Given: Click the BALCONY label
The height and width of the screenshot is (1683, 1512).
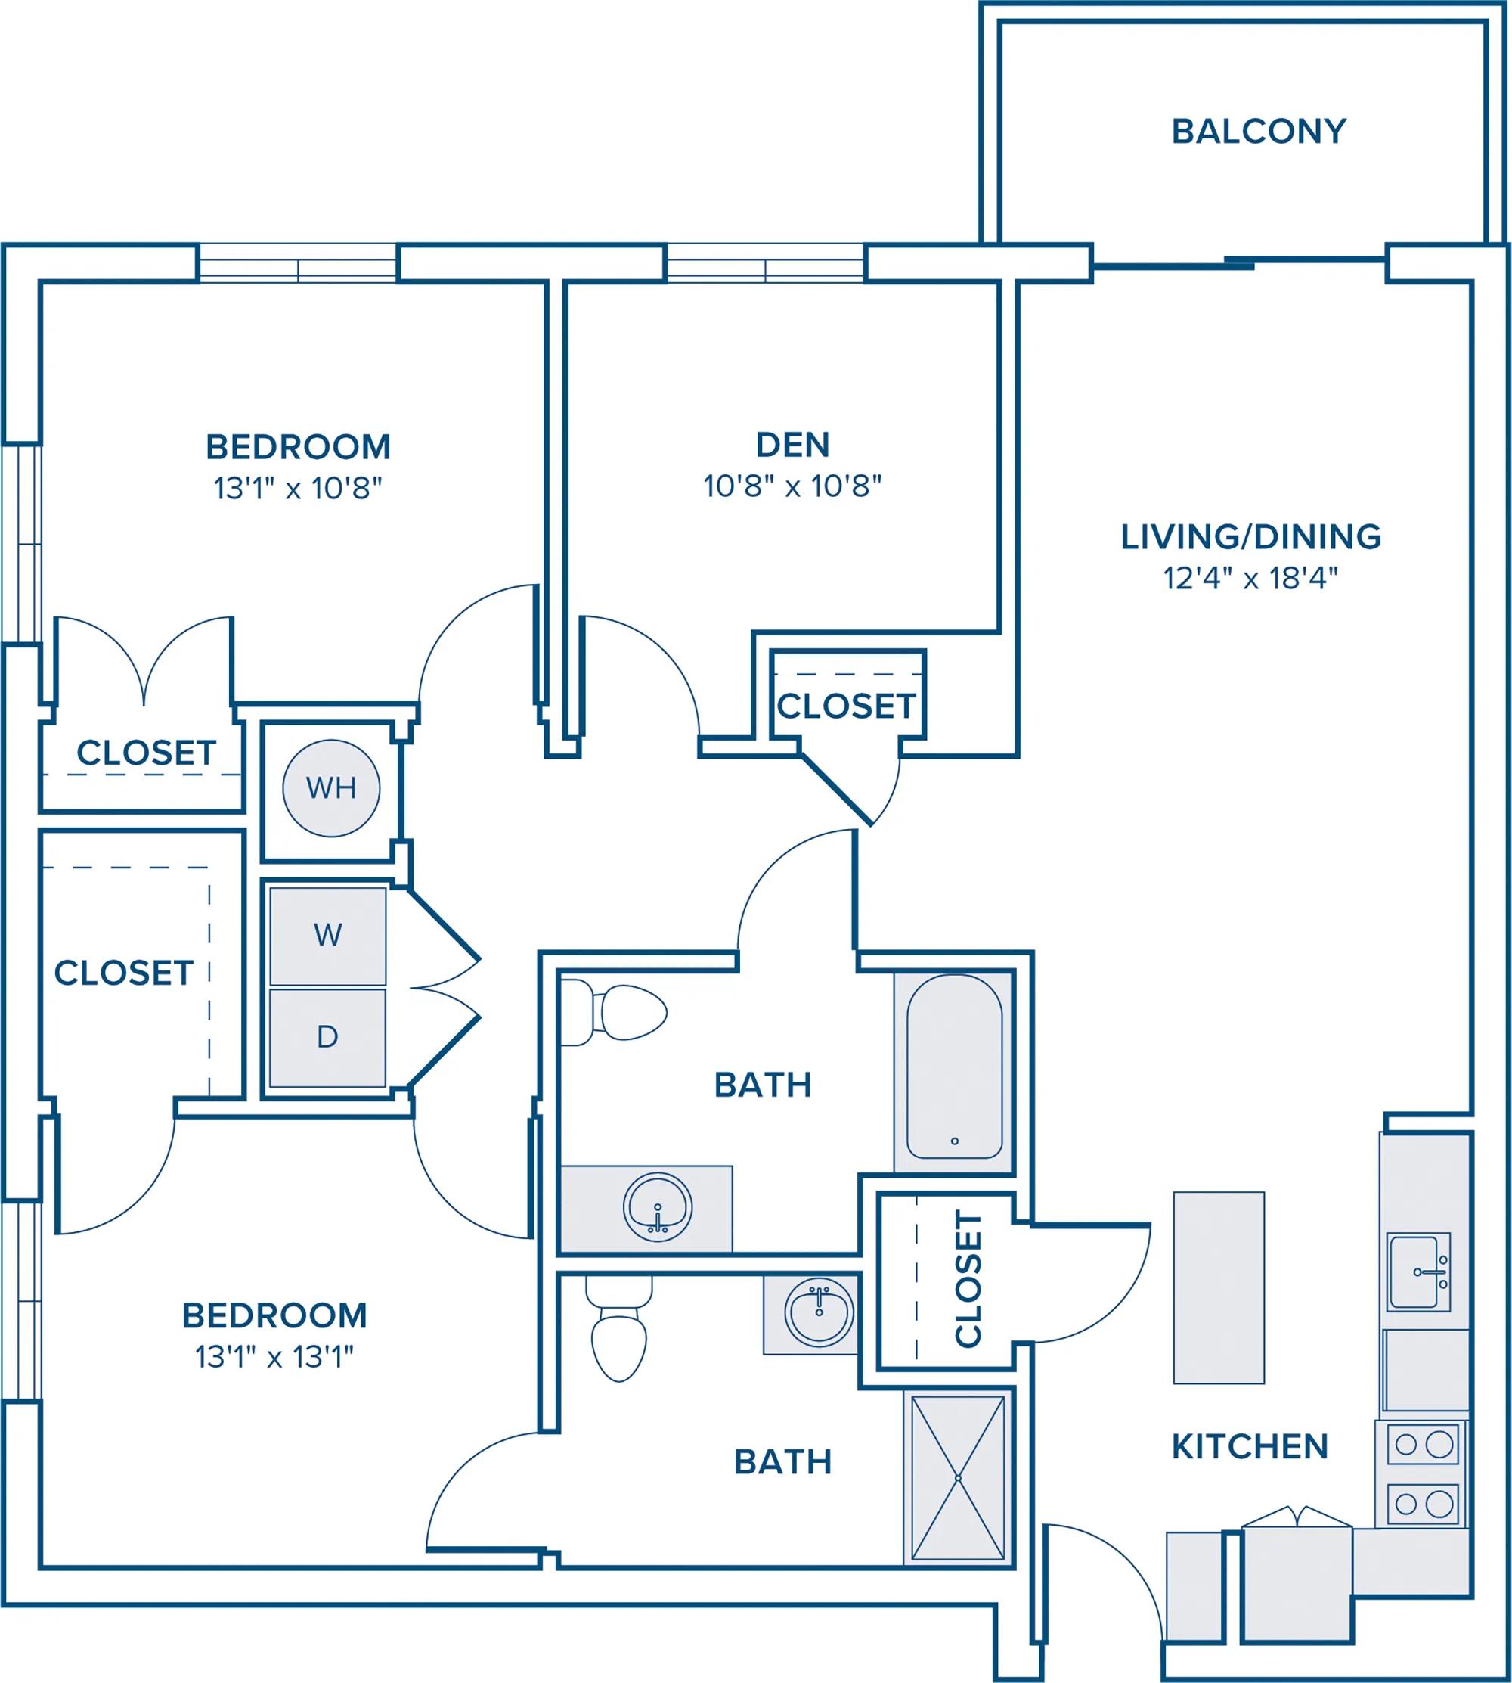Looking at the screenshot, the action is click(x=1259, y=132).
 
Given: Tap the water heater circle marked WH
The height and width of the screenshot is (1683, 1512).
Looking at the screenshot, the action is click(x=331, y=788).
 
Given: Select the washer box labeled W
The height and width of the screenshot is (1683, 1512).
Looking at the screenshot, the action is click(x=327, y=936).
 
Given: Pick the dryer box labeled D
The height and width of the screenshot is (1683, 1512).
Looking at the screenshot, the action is click(x=327, y=1037).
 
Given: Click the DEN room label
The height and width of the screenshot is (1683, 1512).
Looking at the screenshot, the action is click(x=792, y=445).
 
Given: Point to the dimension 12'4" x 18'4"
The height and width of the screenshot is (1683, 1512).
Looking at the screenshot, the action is click(x=1250, y=578).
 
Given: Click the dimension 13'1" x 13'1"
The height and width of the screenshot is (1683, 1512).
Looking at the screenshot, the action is click(x=274, y=1357).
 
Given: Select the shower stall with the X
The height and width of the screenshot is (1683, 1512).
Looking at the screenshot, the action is click(x=959, y=1479).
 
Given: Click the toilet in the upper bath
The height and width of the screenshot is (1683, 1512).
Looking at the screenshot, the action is click(x=614, y=1012).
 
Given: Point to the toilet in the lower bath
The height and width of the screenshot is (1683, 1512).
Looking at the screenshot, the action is click(x=619, y=1327).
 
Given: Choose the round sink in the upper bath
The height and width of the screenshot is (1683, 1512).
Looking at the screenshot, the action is click(x=658, y=1208).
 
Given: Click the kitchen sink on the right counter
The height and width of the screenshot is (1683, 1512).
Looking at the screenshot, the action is click(x=1419, y=1272).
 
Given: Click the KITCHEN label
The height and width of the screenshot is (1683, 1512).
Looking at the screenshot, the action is click(x=1250, y=1447).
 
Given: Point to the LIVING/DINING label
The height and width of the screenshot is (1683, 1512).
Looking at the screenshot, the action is click(x=1250, y=537).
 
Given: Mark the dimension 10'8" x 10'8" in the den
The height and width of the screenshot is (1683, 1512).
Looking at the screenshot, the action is click(x=792, y=486).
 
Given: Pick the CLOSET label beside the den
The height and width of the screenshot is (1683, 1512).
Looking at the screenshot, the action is click(x=846, y=706).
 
